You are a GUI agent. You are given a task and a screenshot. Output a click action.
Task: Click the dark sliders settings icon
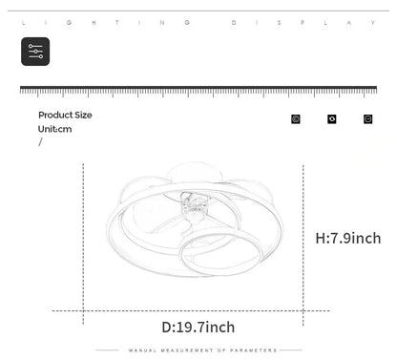(x=35, y=52)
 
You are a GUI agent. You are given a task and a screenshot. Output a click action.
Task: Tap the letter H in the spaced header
(x=94, y=23)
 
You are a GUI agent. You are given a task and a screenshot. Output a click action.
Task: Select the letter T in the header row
(x=117, y=23)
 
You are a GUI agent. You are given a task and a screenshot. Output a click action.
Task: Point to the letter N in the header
(x=162, y=23)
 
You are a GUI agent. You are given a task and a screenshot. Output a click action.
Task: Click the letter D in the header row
(x=234, y=23)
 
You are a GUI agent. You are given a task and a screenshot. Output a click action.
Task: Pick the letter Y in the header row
(x=373, y=23)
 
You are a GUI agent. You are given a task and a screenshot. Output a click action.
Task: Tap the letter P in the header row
(x=303, y=23)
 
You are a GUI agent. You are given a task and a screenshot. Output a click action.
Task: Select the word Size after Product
(x=83, y=115)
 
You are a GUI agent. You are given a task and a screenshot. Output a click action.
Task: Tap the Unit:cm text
(x=54, y=129)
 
